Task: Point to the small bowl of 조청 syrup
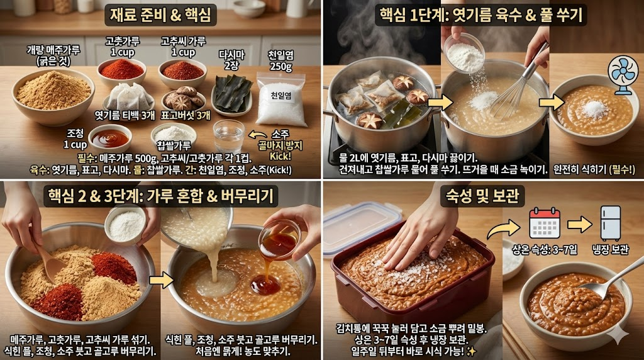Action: coord(110,138)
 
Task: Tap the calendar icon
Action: coord(544,222)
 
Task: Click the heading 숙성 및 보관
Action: coord(482,196)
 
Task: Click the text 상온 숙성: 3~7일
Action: coord(544,250)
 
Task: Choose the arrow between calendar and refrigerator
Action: coord(579,223)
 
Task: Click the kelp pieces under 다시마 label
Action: coord(233,93)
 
